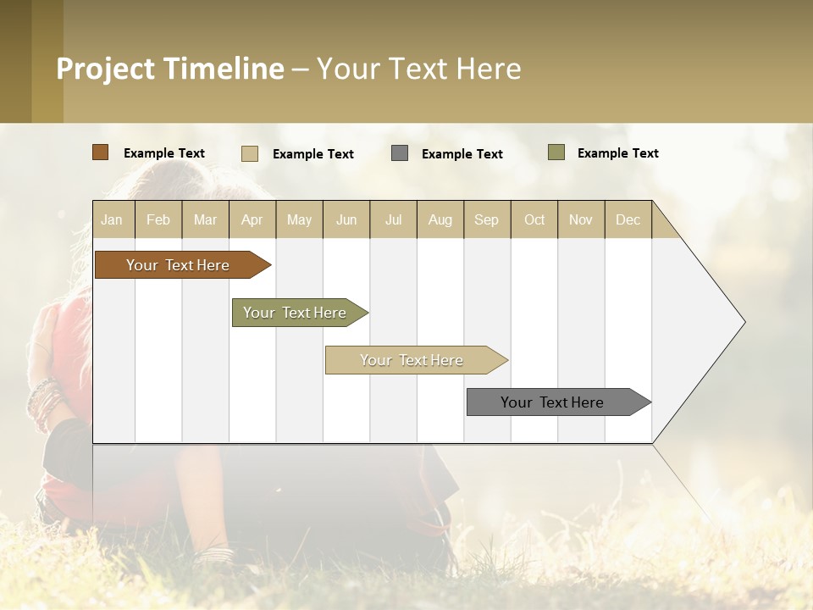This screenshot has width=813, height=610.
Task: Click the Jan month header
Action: point(113,219)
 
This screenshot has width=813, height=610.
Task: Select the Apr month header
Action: point(252,219)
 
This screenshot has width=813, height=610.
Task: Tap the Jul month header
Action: point(393,219)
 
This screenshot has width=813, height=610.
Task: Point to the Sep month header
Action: point(487,219)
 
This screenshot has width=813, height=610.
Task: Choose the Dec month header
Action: point(628,219)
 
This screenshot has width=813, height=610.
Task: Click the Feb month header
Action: point(158,219)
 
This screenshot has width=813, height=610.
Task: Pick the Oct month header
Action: point(534,219)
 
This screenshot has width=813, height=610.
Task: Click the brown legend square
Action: point(100,152)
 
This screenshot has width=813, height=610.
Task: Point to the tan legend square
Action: point(249,153)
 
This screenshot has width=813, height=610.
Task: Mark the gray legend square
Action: point(400,153)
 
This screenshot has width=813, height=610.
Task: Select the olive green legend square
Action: point(556,152)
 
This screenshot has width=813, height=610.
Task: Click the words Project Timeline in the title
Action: point(170,69)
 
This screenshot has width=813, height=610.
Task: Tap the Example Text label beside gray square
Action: point(462,154)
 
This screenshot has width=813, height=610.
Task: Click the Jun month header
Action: point(346,219)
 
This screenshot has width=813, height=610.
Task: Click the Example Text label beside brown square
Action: point(164,153)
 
